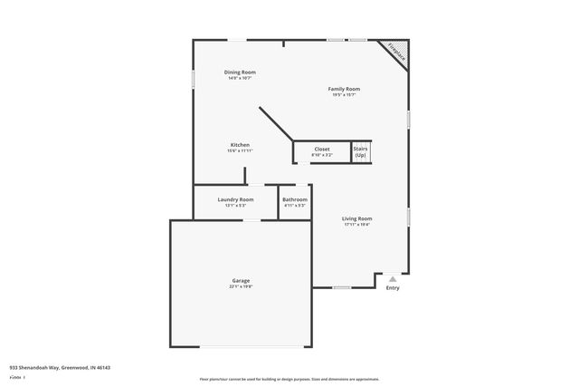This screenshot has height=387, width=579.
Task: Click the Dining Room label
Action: pyautogui.click(x=240, y=72)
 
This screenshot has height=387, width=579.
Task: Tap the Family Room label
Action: pyautogui.click(x=344, y=89)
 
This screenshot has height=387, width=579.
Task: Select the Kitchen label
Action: pyautogui.click(x=240, y=145)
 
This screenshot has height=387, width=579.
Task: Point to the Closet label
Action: pyautogui.click(x=322, y=149)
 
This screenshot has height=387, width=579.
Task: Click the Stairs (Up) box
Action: pyautogui.click(x=360, y=151)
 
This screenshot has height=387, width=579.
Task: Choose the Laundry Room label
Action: pyautogui.click(x=235, y=199)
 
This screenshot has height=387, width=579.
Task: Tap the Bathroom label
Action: pyautogui.click(x=295, y=199)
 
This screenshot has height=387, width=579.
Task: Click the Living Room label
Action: pyautogui.click(x=356, y=218)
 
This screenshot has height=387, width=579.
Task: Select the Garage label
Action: pyautogui.click(x=241, y=280)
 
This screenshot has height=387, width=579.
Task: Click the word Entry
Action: pyautogui.click(x=393, y=288)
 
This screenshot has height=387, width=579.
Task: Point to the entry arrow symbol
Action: pyautogui.click(x=392, y=279)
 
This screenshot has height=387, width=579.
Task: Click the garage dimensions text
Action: pyautogui.click(x=241, y=286)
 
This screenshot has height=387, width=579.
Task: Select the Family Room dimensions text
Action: pyautogui.click(x=344, y=95)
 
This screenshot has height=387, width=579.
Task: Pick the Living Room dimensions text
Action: pyautogui.click(x=356, y=225)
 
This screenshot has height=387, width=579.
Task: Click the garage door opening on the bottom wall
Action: pyautogui.click(x=241, y=347)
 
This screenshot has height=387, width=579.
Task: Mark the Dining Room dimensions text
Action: pyautogui.click(x=240, y=78)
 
